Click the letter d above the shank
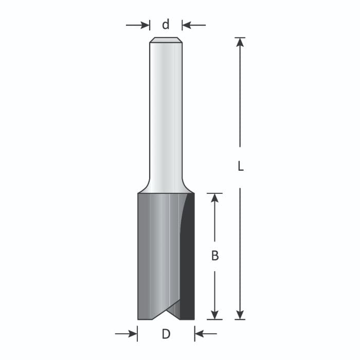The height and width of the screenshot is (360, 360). (166, 25)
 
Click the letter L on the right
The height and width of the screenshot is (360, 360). (240, 167)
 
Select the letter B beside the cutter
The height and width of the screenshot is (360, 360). (215, 256)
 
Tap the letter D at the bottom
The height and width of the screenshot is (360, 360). (166, 334)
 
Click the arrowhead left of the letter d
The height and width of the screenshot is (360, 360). (145, 25)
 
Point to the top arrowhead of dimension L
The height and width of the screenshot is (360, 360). (240, 42)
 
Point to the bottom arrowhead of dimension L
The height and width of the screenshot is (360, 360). (240, 315)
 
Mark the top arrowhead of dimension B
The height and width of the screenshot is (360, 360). (215, 198)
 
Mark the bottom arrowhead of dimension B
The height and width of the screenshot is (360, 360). (215, 315)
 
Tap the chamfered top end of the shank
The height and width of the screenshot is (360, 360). (166, 40)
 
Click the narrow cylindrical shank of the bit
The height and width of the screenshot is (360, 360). (166, 113)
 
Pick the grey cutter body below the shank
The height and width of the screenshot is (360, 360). (157, 252)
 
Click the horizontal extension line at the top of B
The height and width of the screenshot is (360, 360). (215, 193)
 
